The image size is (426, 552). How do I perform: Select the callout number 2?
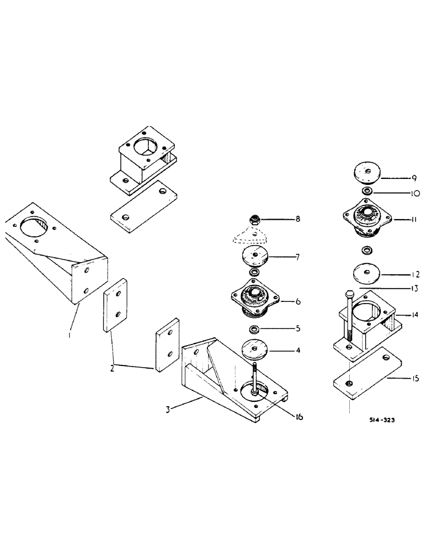point(113,367)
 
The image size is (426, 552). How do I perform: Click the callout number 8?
point(298,220)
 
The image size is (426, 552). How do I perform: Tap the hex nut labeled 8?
point(255,220)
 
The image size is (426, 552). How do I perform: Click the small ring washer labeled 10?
point(366,191)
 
